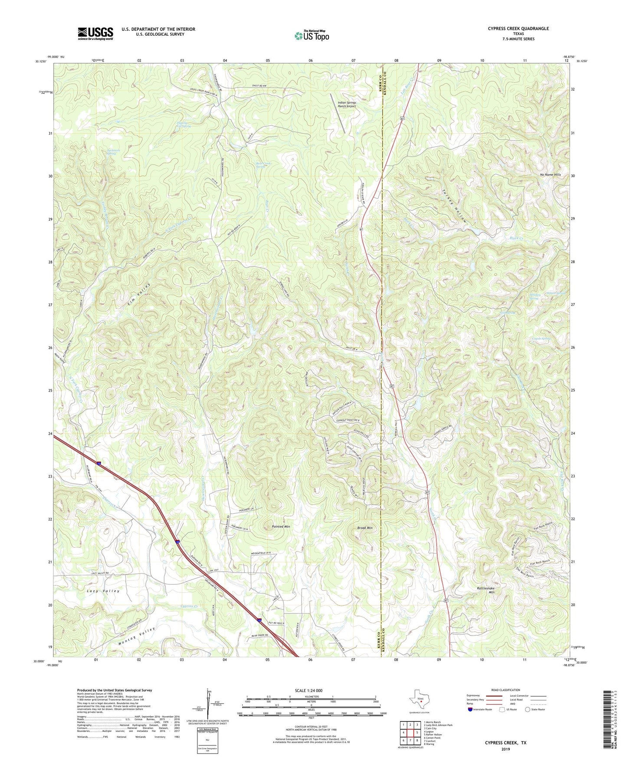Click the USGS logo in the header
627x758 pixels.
[x=95, y=33]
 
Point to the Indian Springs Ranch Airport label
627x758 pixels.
[x=347, y=104]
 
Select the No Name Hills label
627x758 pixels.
[x=550, y=175]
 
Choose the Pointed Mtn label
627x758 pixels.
[x=281, y=526]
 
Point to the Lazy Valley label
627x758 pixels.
[x=103, y=591]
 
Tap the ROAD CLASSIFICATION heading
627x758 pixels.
[x=505, y=690]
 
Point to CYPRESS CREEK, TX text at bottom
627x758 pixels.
[x=505, y=742]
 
